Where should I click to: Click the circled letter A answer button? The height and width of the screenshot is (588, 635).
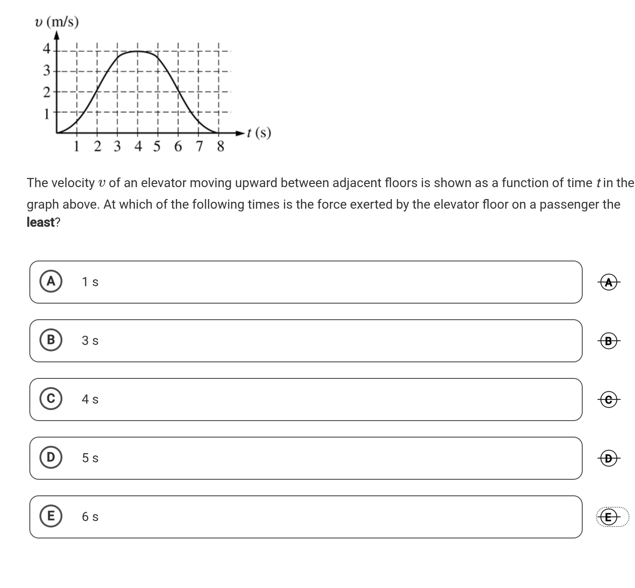click(51, 281)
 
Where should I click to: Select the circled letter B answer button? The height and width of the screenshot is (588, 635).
click(51, 340)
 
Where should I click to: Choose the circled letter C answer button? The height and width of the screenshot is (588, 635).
click(51, 399)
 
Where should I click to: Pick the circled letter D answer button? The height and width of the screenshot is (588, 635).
click(51, 457)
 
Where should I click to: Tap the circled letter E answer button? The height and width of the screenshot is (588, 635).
click(51, 516)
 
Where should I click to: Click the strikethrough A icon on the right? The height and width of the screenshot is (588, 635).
click(609, 283)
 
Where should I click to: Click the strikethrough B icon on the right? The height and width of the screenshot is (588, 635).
click(609, 341)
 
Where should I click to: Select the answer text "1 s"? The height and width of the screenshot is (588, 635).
click(90, 282)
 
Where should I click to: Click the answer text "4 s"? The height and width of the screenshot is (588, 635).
click(90, 399)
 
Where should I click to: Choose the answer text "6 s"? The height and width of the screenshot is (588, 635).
click(90, 517)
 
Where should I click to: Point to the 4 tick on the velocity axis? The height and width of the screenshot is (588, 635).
click(46, 49)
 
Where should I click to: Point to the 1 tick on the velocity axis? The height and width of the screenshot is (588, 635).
click(46, 114)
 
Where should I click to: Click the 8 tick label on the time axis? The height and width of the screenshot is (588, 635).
click(220, 147)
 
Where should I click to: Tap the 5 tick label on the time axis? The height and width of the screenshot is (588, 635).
click(157, 147)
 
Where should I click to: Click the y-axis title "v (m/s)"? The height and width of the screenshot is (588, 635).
click(57, 22)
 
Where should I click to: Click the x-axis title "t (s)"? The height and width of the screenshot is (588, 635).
click(259, 133)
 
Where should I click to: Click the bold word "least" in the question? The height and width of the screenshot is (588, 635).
click(41, 222)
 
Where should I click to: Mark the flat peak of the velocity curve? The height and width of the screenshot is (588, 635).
click(138, 51)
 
